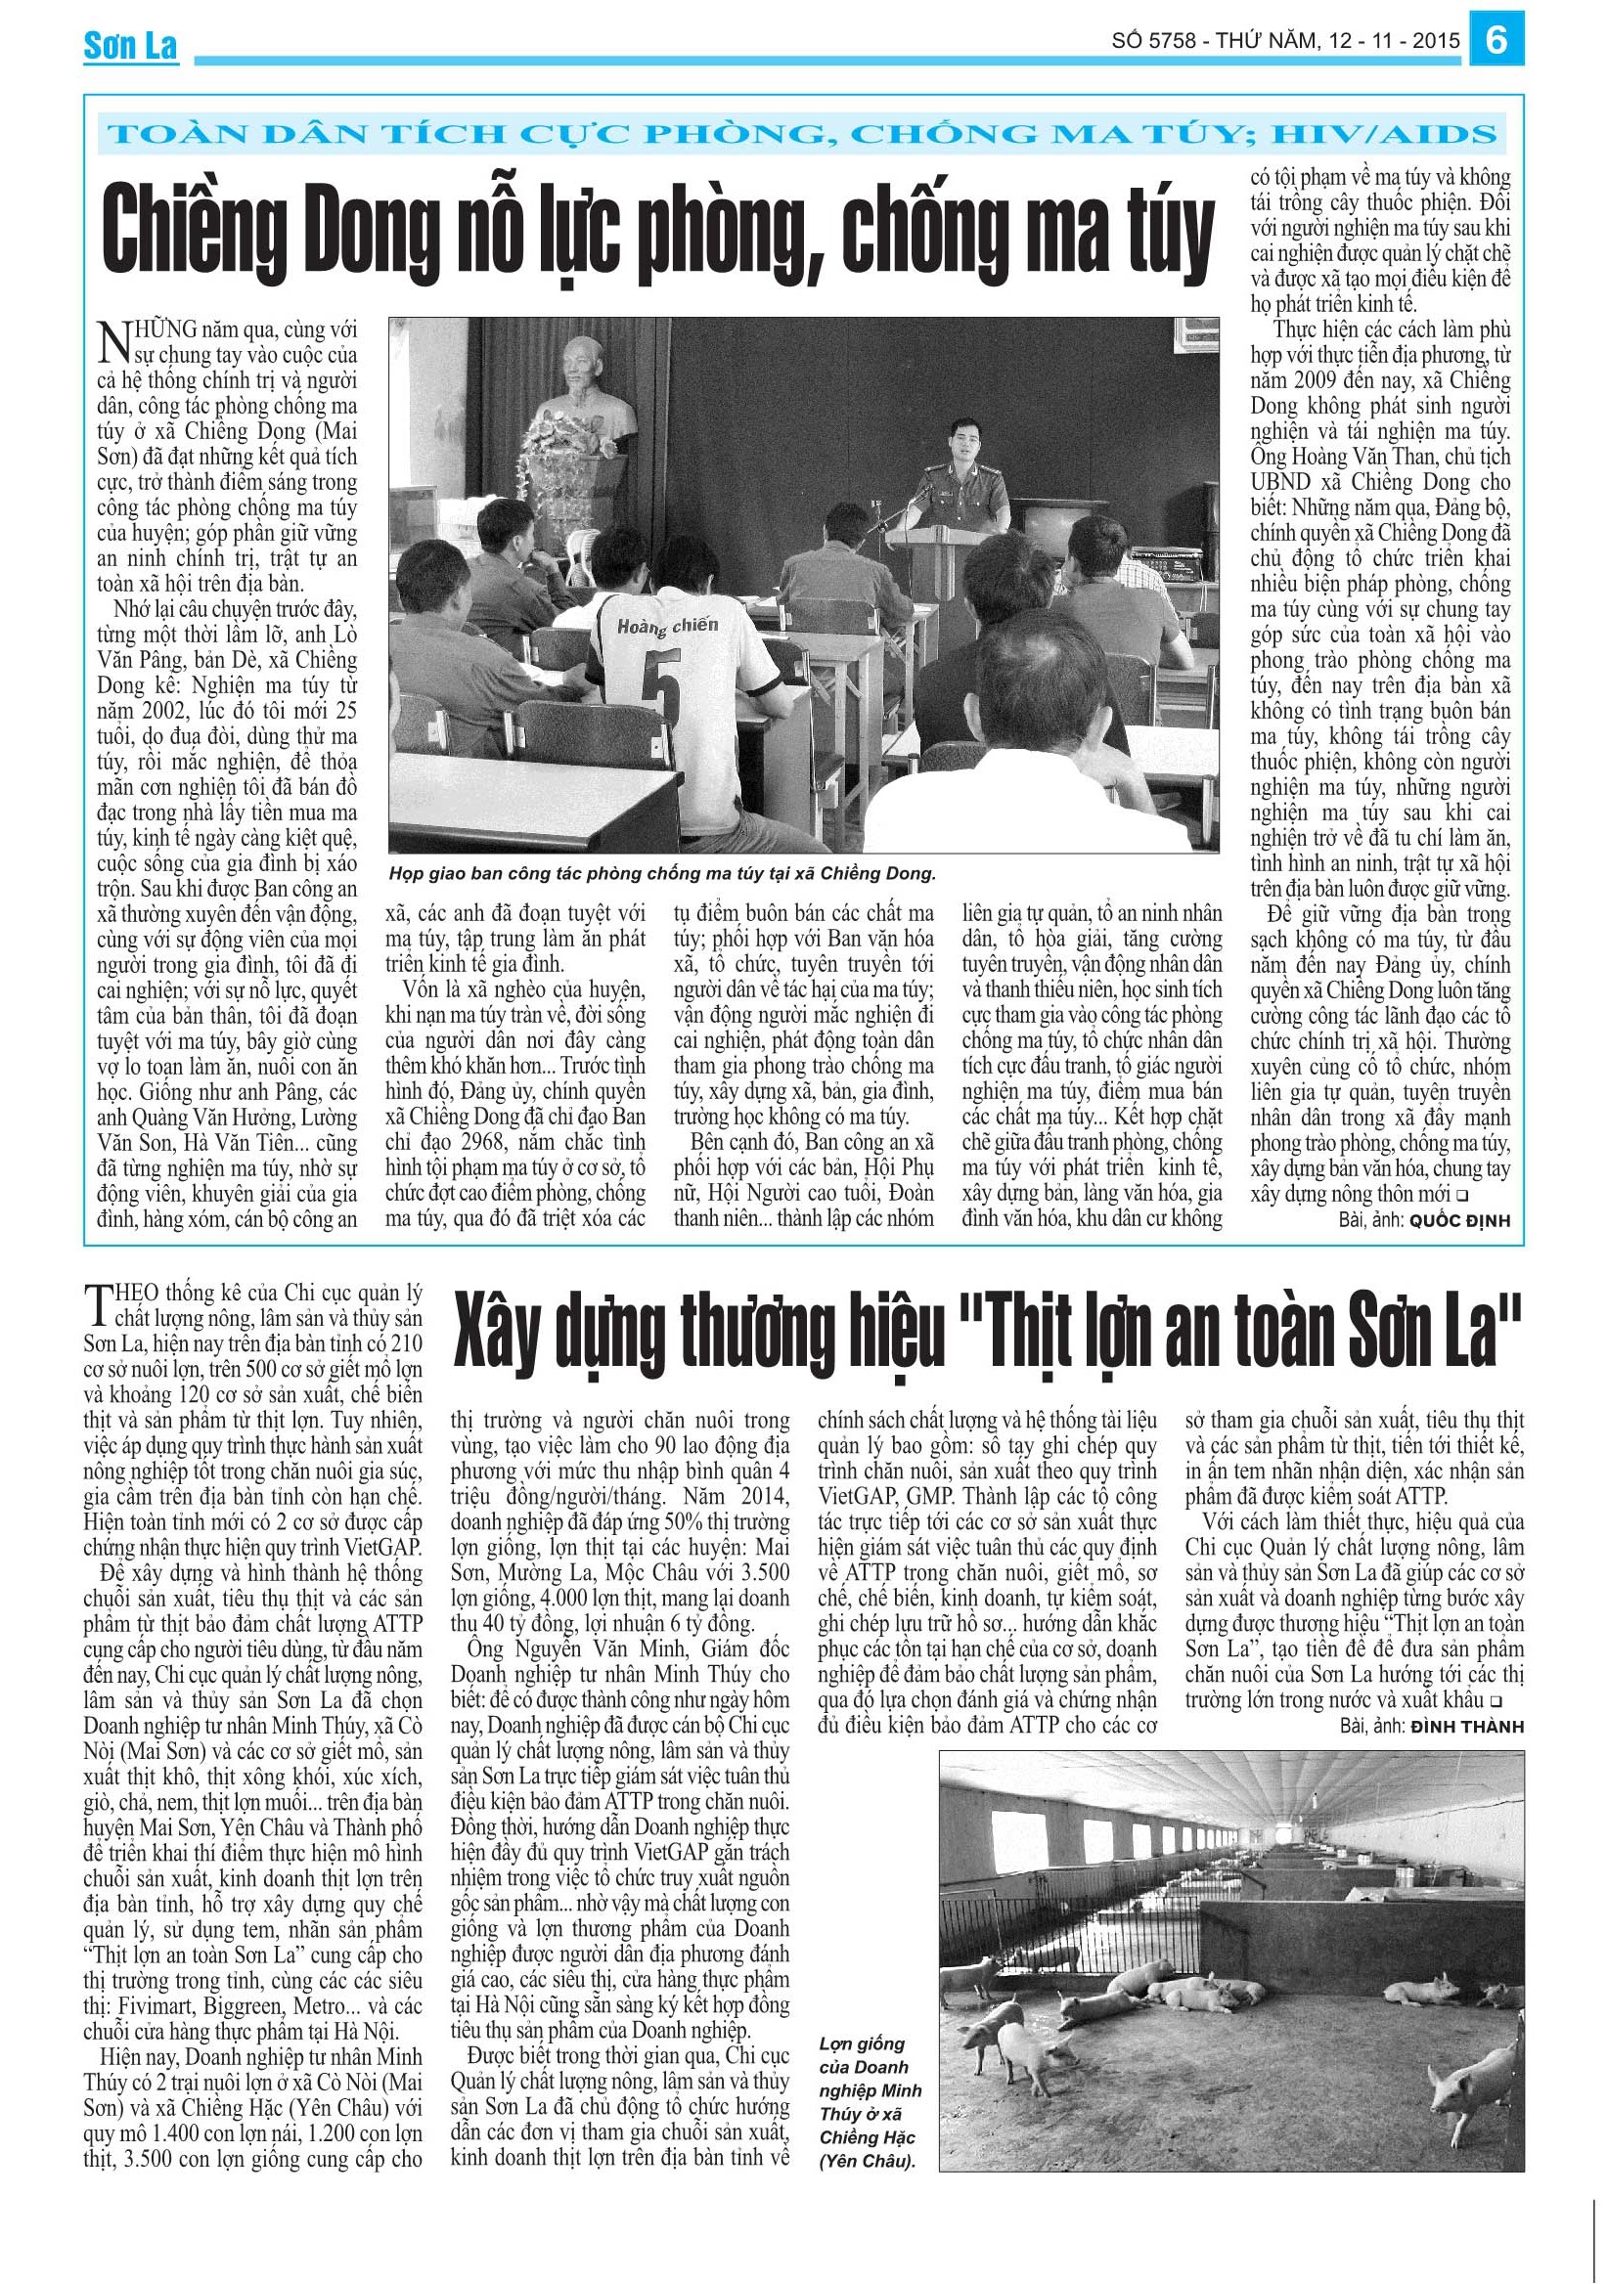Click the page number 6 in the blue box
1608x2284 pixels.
click(x=1496, y=41)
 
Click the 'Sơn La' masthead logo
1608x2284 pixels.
click(x=130, y=46)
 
